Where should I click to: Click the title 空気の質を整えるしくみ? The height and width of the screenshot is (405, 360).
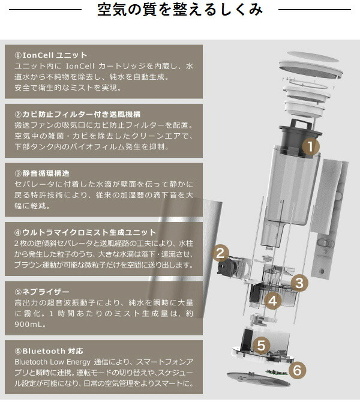point(180,10)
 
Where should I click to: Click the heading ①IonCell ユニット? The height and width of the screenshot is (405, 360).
point(51,55)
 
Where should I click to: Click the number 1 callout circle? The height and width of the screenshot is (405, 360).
point(310,146)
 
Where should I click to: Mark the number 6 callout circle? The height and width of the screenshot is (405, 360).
point(296,370)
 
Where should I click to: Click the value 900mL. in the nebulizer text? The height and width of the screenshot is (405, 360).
point(28,325)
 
